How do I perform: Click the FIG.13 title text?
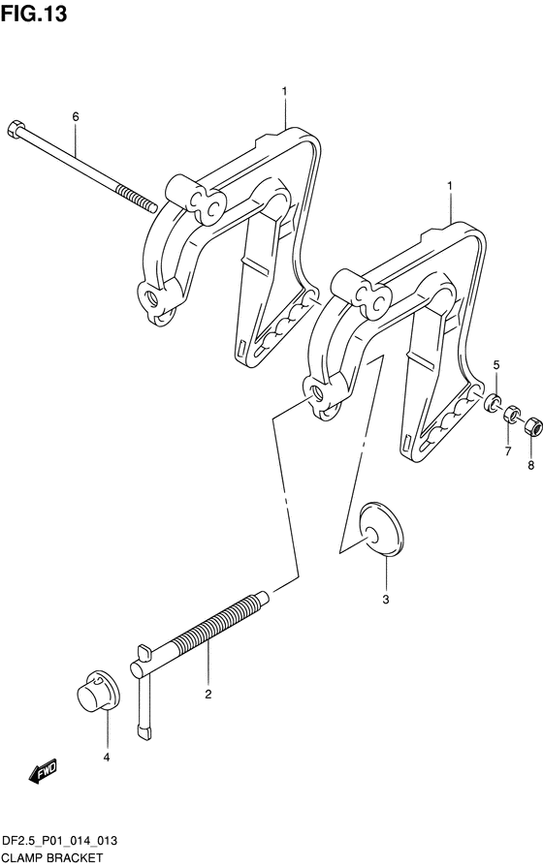pyautogui.click(x=34, y=14)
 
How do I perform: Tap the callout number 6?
pyautogui.click(x=76, y=116)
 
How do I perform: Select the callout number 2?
pyautogui.click(x=208, y=695)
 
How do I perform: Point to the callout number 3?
pyautogui.click(x=386, y=599)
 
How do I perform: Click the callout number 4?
pyautogui.click(x=107, y=757)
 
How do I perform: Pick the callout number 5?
pyautogui.click(x=496, y=364)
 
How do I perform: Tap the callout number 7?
pyautogui.click(x=508, y=451)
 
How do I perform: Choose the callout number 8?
pyautogui.click(x=530, y=466)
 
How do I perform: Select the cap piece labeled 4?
pyautogui.click(x=98, y=692)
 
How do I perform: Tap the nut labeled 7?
pyautogui.click(x=511, y=414)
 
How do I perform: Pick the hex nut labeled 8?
pyautogui.click(x=531, y=425)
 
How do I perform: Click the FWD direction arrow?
pyautogui.click(x=42, y=771)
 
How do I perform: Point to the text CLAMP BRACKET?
pyautogui.click(x=52, y=858)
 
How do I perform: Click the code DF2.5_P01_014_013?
pyautogui.click(x=60, y=841)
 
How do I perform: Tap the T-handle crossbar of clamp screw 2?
pyautogui.click(x=143, y=693)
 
